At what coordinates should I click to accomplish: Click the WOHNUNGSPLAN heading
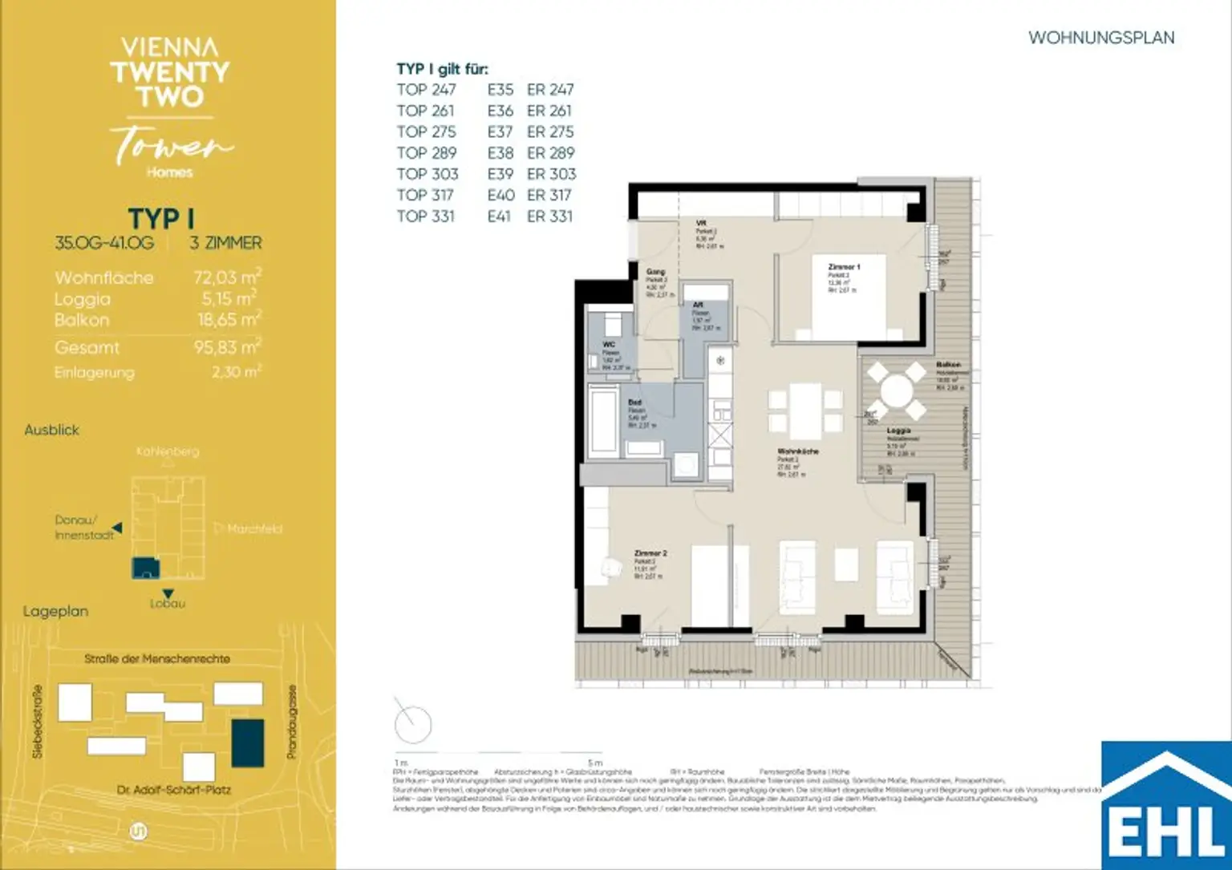coord(1100,38)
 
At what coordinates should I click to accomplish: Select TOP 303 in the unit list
coord(427,174)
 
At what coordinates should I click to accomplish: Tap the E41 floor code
coord(499,216)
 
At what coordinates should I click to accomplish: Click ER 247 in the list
coord(550,90)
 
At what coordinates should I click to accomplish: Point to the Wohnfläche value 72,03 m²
coord(227,277)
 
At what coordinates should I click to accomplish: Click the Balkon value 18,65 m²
coord(229,319)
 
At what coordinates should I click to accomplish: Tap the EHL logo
coord(1166,810)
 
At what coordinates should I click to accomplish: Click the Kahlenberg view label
coord(167,451)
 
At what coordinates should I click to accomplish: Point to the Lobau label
coord(167,604)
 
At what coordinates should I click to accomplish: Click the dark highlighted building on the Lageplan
coord(247,743)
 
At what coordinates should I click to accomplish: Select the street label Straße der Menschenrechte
coord(157,659)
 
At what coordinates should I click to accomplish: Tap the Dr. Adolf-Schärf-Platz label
coord(173,790)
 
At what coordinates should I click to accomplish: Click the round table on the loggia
coord(896,392)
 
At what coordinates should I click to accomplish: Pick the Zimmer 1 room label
coord(843,267)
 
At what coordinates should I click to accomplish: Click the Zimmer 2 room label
coord(650,553)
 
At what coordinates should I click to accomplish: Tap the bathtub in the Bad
coord(602,420)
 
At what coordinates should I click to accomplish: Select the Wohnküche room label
coord(797,451)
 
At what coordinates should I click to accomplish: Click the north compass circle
coord(413,725)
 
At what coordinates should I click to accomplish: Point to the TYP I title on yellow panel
coord(160,218)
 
